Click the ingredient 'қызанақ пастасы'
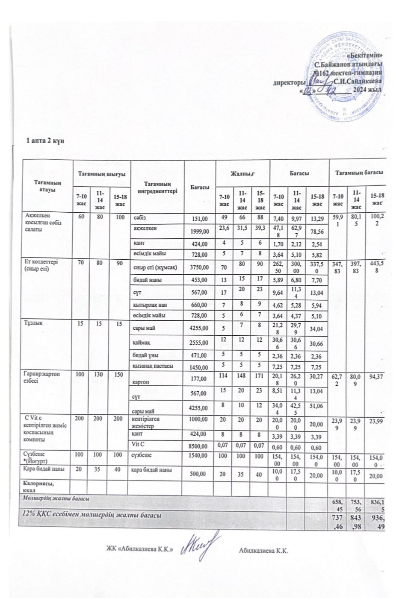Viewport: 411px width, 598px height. pos(152,366)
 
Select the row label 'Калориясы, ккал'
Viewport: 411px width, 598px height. pos(35,486)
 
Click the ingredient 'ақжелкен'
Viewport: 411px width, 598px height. pos(144,229)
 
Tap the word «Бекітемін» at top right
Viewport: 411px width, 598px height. pos(365,56)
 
